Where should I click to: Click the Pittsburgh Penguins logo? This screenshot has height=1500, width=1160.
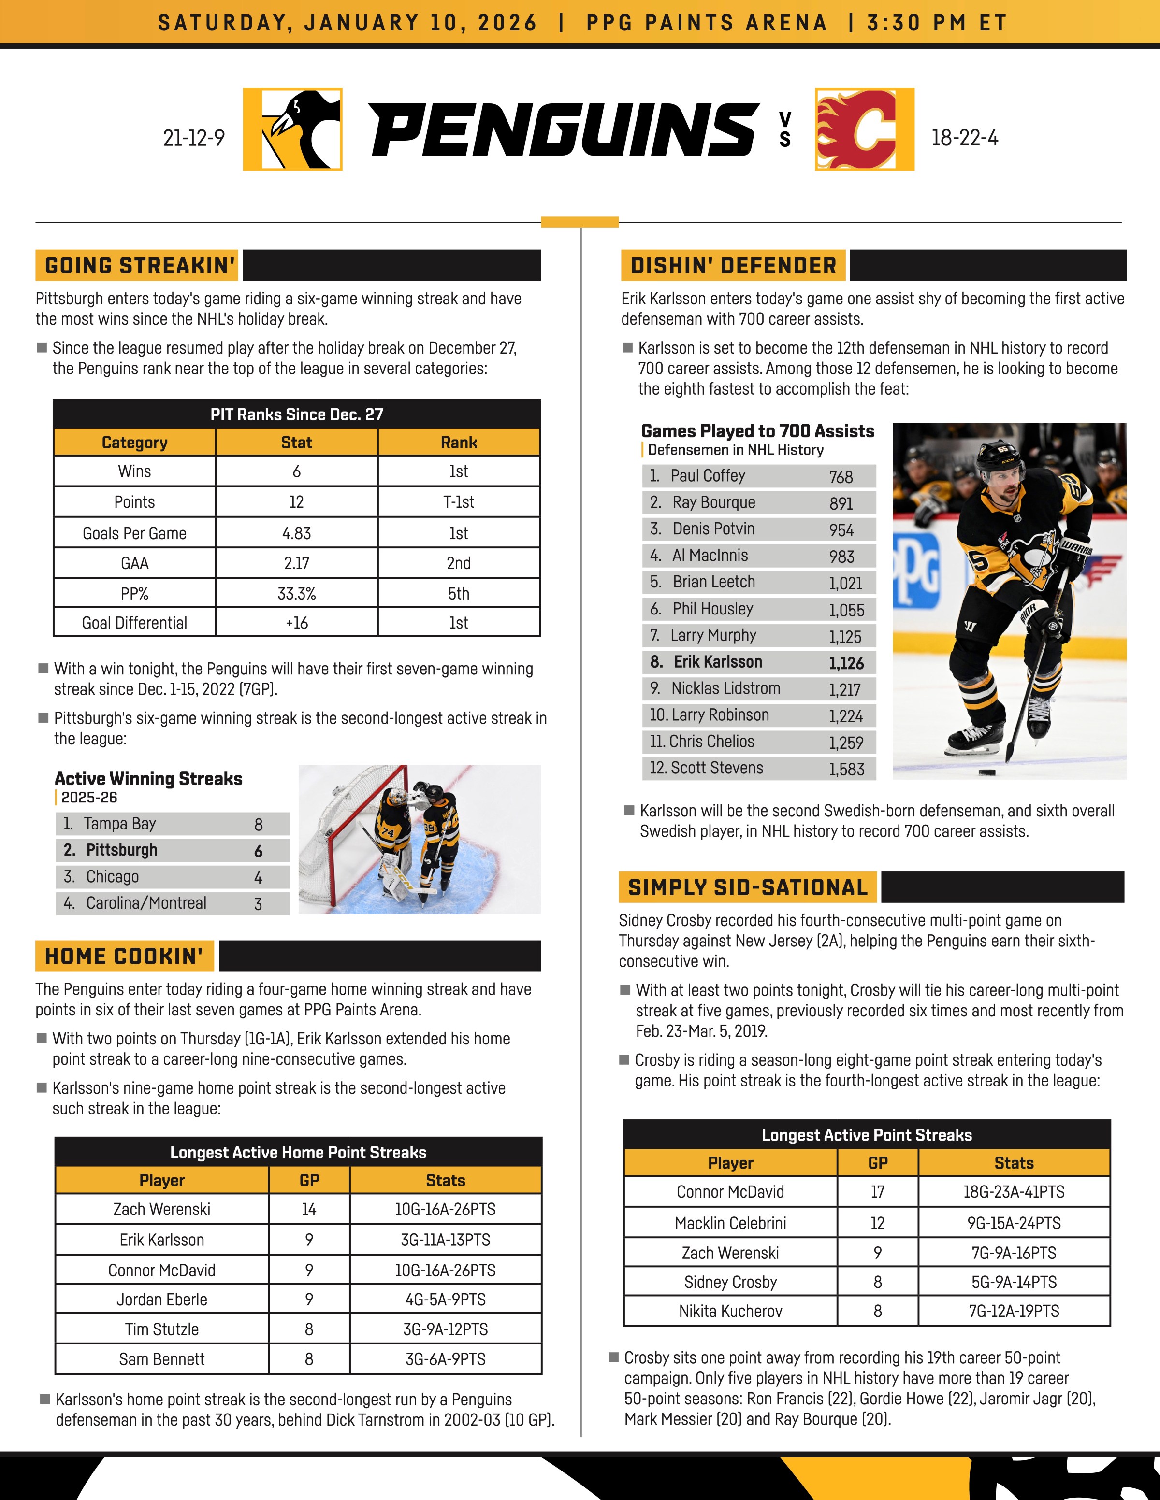pyautogui.click(x=293, y=129)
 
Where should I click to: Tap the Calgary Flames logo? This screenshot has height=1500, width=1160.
pyautogui.click(x=865, y=129)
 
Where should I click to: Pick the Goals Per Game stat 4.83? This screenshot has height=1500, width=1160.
pyautogui.click(x=296, y=533)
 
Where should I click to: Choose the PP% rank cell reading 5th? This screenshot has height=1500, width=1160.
pyautogui.click(x=458, y=593)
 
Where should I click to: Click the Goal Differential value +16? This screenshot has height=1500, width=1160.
pyautogui.click(x=296, y=623)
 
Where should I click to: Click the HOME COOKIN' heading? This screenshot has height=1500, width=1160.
pyautogui.click(x=124, y=956)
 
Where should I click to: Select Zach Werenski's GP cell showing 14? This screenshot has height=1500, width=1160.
pyautogui.click(x=308, y=1210)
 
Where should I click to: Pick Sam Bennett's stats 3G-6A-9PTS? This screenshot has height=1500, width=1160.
pyautogui.click(x=445, y=1359)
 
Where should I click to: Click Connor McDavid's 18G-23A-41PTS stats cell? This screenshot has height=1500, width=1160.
pyautogui.click(x=1014, y=1192)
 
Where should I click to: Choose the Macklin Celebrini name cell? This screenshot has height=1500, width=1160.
pyautogui.click(x=730, y=1223)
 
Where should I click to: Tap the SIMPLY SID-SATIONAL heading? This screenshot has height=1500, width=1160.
pyautogui.click(x=748, y=887)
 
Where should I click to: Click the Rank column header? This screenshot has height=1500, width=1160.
pyautogui.click(x=458, y=443)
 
